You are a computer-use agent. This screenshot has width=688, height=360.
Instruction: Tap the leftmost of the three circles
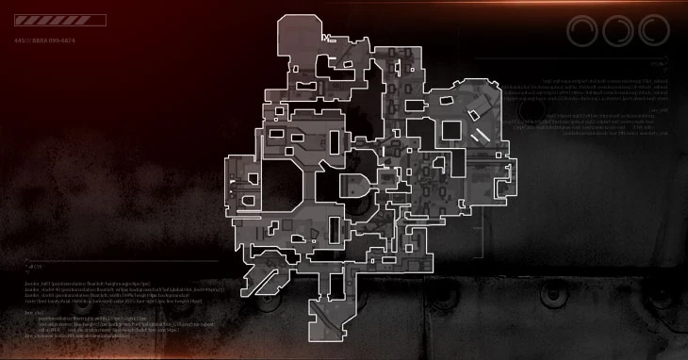point(585,31)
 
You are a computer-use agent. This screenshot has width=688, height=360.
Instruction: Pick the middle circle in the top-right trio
point(619,31)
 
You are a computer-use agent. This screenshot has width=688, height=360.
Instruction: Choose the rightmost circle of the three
point(652,31)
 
